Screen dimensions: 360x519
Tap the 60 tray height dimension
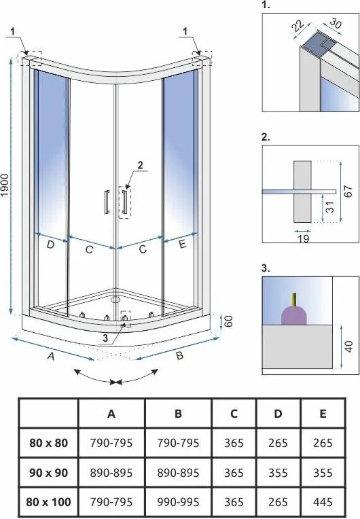(229, 321)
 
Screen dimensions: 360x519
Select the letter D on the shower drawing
(50, 245)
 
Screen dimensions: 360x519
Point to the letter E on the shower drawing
(183, 245)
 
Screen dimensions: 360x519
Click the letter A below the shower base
(50, 356)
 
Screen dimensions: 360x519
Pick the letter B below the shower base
(179, 355)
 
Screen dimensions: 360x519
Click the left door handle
(107, 202)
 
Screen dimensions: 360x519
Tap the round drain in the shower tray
(115, 300)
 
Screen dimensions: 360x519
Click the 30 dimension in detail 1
(336, 24)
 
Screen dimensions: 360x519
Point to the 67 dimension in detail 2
(348, 192)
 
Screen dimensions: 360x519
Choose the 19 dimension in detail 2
(303, 238)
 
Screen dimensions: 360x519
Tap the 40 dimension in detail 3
(349, 346)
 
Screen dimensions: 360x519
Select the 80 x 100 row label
(49, 502)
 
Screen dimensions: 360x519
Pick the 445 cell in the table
(323, 502)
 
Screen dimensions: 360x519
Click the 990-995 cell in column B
(178, 502)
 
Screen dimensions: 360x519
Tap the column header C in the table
(234, 414)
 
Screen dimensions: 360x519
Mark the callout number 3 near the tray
(105, 338)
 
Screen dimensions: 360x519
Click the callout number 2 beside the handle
(141, 165)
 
